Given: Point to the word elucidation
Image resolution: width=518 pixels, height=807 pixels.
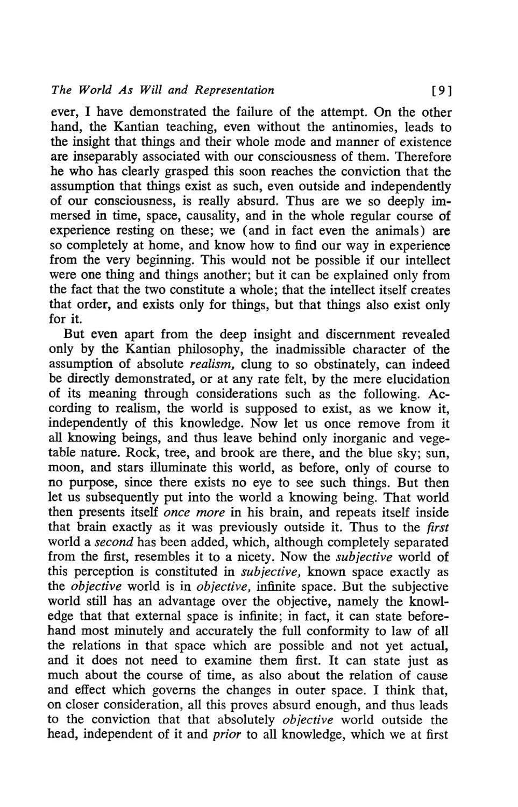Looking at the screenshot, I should pyautogui.click(x=414, y=379).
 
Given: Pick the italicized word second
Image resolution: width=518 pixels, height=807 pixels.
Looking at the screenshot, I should pyautogui.click(x=113, y=542).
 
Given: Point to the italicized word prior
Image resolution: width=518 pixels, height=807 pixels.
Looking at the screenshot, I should pyautogui.click(x=227, y=735).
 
